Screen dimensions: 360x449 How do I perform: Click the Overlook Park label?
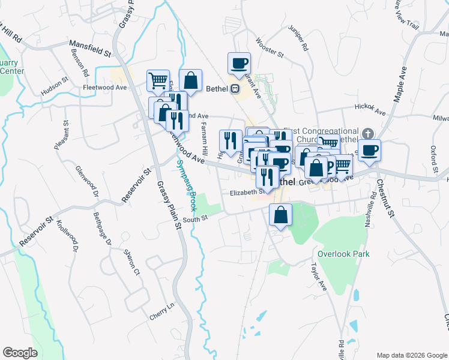tap(343, 254)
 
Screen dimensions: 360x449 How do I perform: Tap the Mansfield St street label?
tap(91, 48)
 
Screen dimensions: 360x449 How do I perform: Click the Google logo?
tap(20, 353)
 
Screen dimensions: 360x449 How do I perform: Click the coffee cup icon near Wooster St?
tap(239, 64)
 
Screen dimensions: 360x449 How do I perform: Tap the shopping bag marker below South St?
tap(280, 214)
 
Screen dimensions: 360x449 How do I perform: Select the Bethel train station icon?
tap(235, 89)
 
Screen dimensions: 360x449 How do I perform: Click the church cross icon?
tap(368, 133)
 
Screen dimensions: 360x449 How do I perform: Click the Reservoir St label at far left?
tap(36, 233)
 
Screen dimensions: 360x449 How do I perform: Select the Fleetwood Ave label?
tap(105, 87)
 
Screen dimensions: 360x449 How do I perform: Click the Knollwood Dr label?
tap(68, 235)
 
